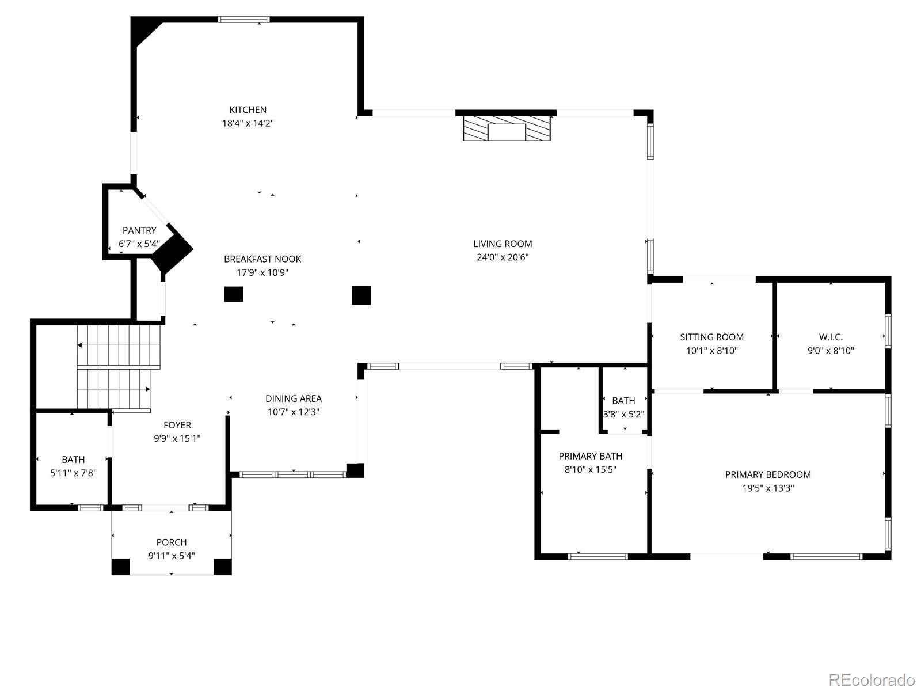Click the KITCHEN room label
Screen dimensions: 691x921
[248, 109]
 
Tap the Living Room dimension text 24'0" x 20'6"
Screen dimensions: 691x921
[503, 257]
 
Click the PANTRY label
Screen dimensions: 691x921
[139, 230]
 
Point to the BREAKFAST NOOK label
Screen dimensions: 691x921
[262, 259]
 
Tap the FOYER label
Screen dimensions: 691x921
[177, 425]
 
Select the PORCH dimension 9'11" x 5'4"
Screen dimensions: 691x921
[172, 556]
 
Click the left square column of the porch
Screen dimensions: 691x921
[120, 567]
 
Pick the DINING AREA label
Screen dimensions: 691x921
[294, 398]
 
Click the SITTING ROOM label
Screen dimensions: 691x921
[711, 337]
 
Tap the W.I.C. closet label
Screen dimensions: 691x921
[831, 337]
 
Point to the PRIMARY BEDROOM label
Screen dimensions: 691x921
[768, 474]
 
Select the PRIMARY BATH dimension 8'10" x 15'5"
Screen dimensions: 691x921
[591, 469]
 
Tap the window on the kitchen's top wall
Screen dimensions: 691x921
[243, 20]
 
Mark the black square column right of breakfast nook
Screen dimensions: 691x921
[361, 295]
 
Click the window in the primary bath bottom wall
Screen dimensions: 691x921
[598, 556]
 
